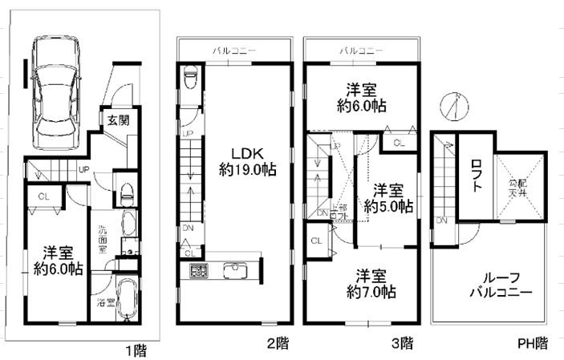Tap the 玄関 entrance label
(x=113, y=120)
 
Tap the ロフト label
(x=477, y=177)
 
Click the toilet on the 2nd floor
(x=190, y=79)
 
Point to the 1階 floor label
(x=135, y=350)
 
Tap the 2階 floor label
(x=278, y=344)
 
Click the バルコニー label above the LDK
(x=234, y=51)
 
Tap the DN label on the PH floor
(x=441, y=219)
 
